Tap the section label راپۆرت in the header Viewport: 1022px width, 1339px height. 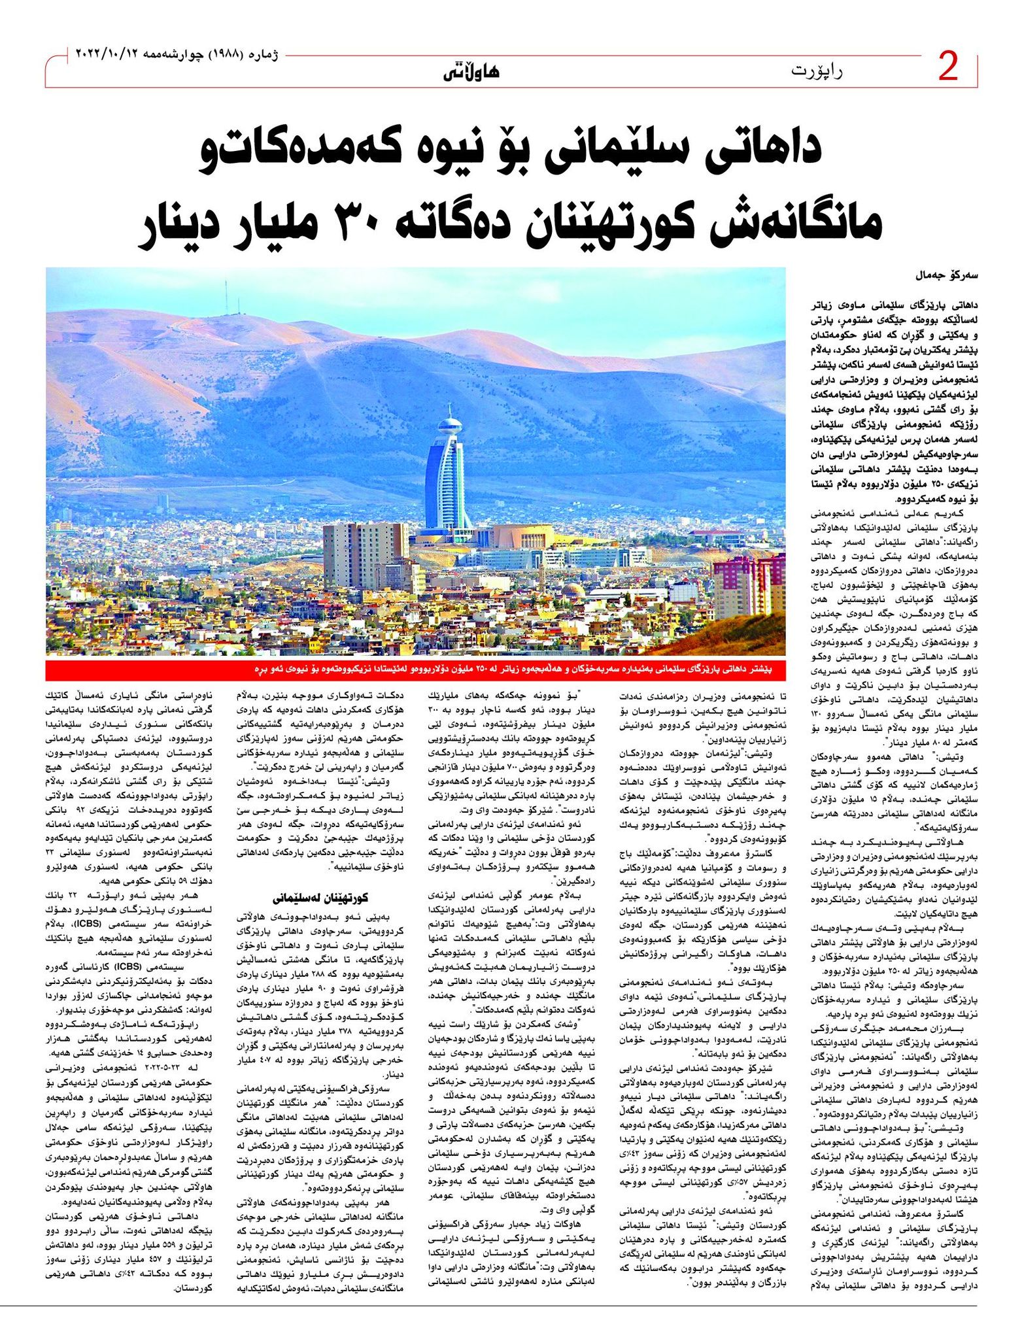click(x=817, y=70)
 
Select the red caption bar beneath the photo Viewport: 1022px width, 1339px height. click(x=416, y=671)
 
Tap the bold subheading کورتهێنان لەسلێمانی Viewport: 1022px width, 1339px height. click(x=315, y=896)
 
